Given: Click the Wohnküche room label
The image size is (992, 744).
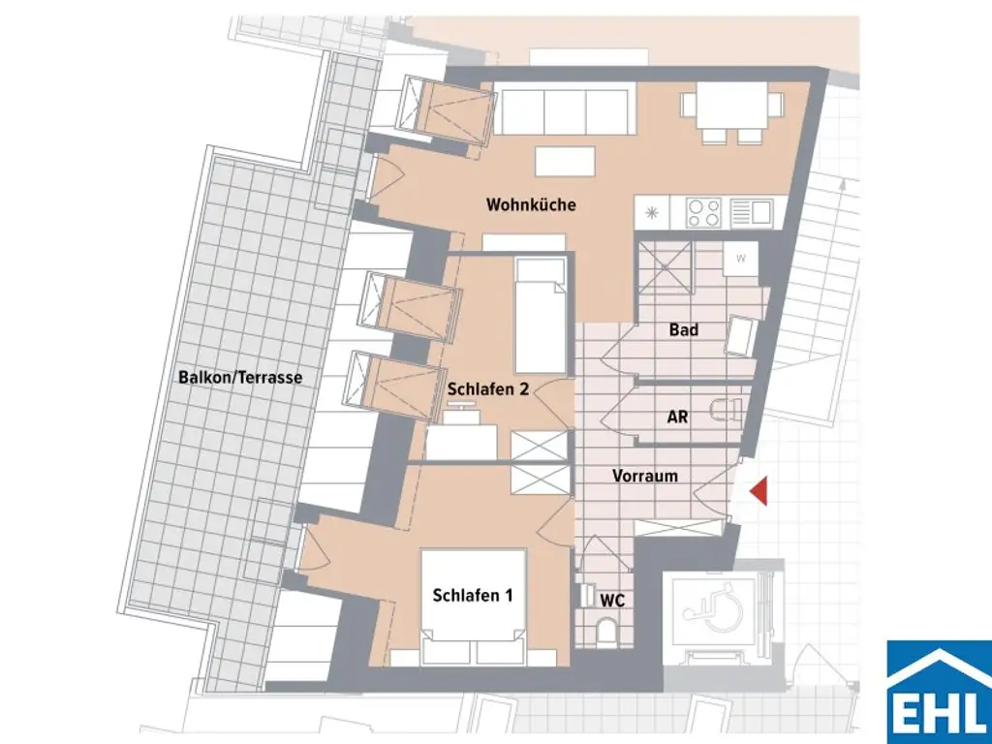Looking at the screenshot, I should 531,205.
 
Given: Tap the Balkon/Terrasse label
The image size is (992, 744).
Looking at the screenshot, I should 240,378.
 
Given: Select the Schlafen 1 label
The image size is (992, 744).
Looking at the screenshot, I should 473,596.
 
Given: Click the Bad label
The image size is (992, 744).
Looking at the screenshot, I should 683,330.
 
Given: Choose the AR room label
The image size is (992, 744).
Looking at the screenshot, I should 678,418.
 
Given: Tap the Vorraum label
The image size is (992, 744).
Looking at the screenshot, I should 644,477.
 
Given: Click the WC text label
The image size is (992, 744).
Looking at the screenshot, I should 611,601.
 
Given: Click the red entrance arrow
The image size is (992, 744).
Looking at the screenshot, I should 760,491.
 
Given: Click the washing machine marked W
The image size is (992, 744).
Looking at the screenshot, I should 741,259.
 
